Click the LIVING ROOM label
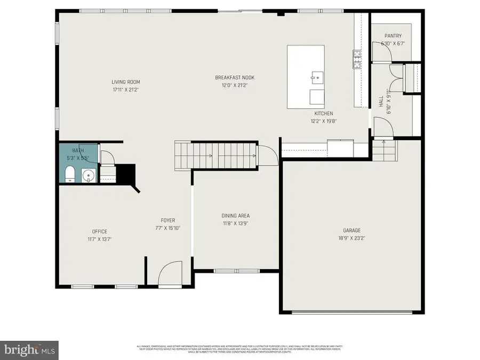tap(126, 82)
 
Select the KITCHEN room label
tap(323, 114)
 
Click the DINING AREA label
tap(235, 216)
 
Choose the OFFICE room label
tap(99, 231)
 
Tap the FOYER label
tap(168, 220)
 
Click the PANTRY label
tap(393, 36)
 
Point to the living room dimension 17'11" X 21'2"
tap(126, 90)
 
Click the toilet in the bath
tap(69, 174)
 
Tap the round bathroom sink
tap(87, 175)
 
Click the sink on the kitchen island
tap(317, 78)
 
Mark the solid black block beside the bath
tap(127, 173)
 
